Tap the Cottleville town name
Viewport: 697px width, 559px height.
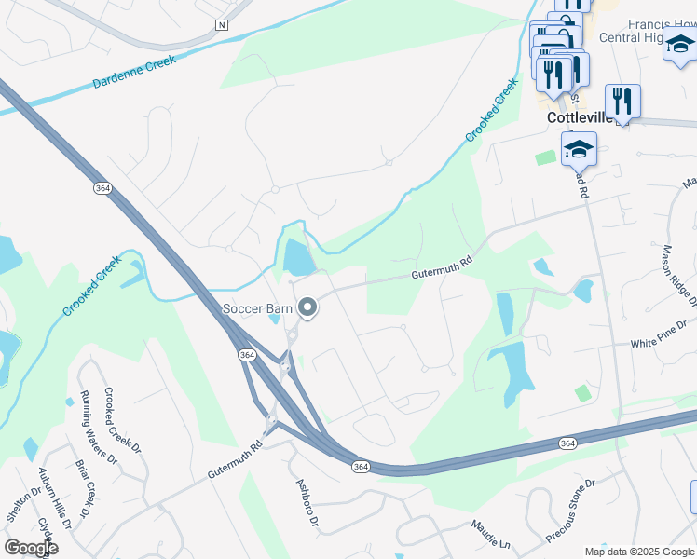tap(579, 118)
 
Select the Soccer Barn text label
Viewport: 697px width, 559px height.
tap(256, 308)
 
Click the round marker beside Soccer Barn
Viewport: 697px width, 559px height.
tap(306, 308)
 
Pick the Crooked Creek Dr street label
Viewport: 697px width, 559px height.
tap(122, 421)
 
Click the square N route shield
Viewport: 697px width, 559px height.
tap(221, 24)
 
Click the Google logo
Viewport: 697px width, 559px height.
tap(31, 547)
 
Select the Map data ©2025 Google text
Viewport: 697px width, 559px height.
tap(639, 552)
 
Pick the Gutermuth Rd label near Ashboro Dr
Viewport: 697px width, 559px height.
tap(236, 460)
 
